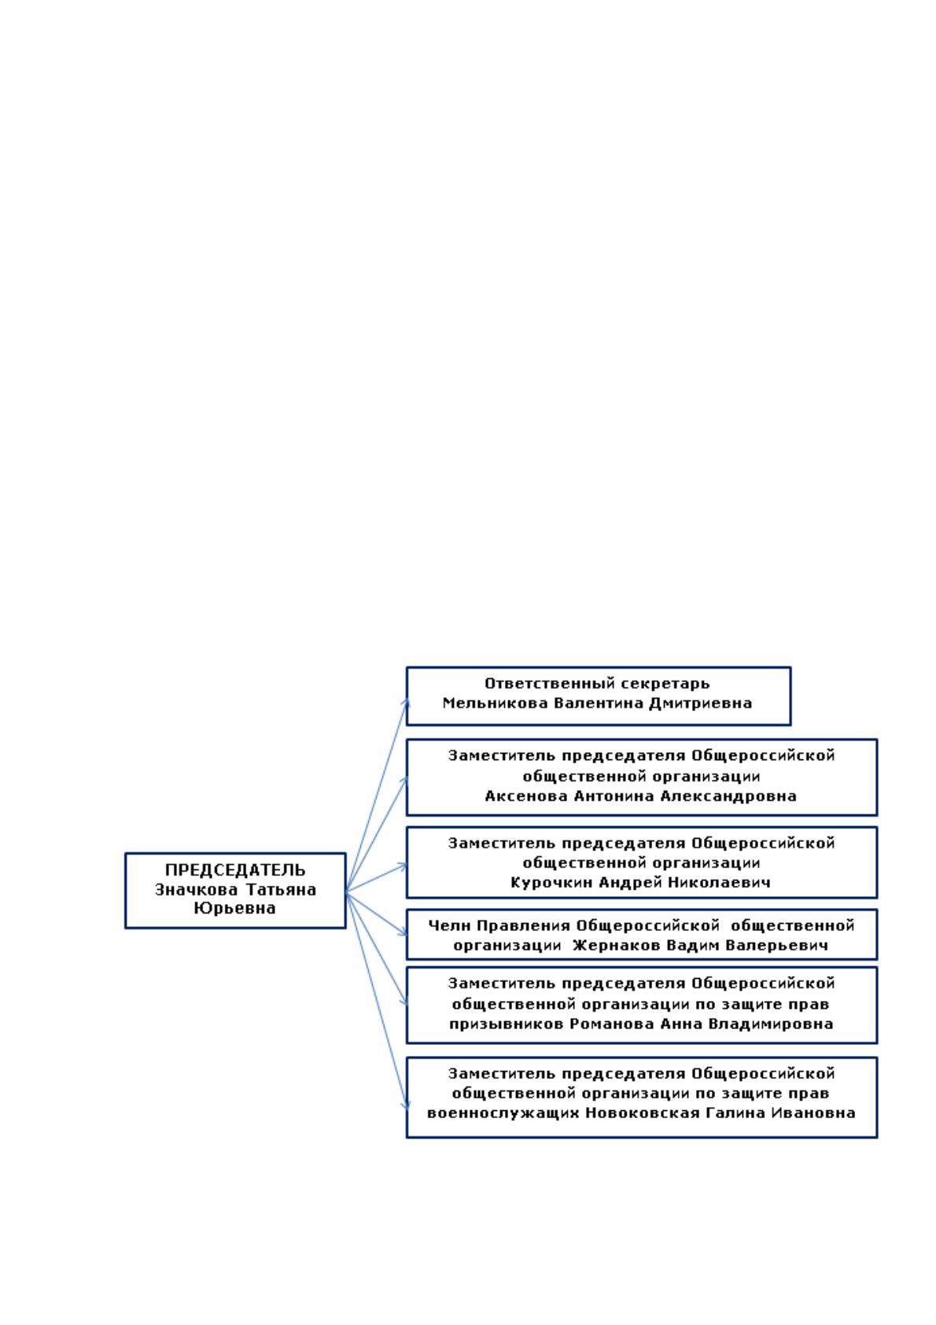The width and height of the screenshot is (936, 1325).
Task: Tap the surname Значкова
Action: [196, 889]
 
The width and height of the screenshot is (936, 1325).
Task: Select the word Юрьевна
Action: [234, 908]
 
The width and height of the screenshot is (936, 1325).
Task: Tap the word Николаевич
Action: [719, 883]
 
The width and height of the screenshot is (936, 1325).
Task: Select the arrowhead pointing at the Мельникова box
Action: [406, 702]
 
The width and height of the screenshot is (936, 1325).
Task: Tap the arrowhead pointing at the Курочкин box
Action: [404, 866]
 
